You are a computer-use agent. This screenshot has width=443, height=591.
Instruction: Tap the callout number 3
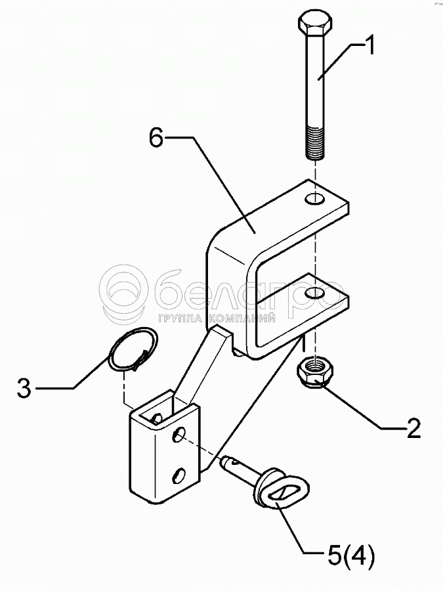click(24, 388)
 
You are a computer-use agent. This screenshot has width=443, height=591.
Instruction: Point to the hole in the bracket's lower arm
click(316, 292)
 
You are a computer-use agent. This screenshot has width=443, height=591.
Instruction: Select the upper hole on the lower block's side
click(179, 434)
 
